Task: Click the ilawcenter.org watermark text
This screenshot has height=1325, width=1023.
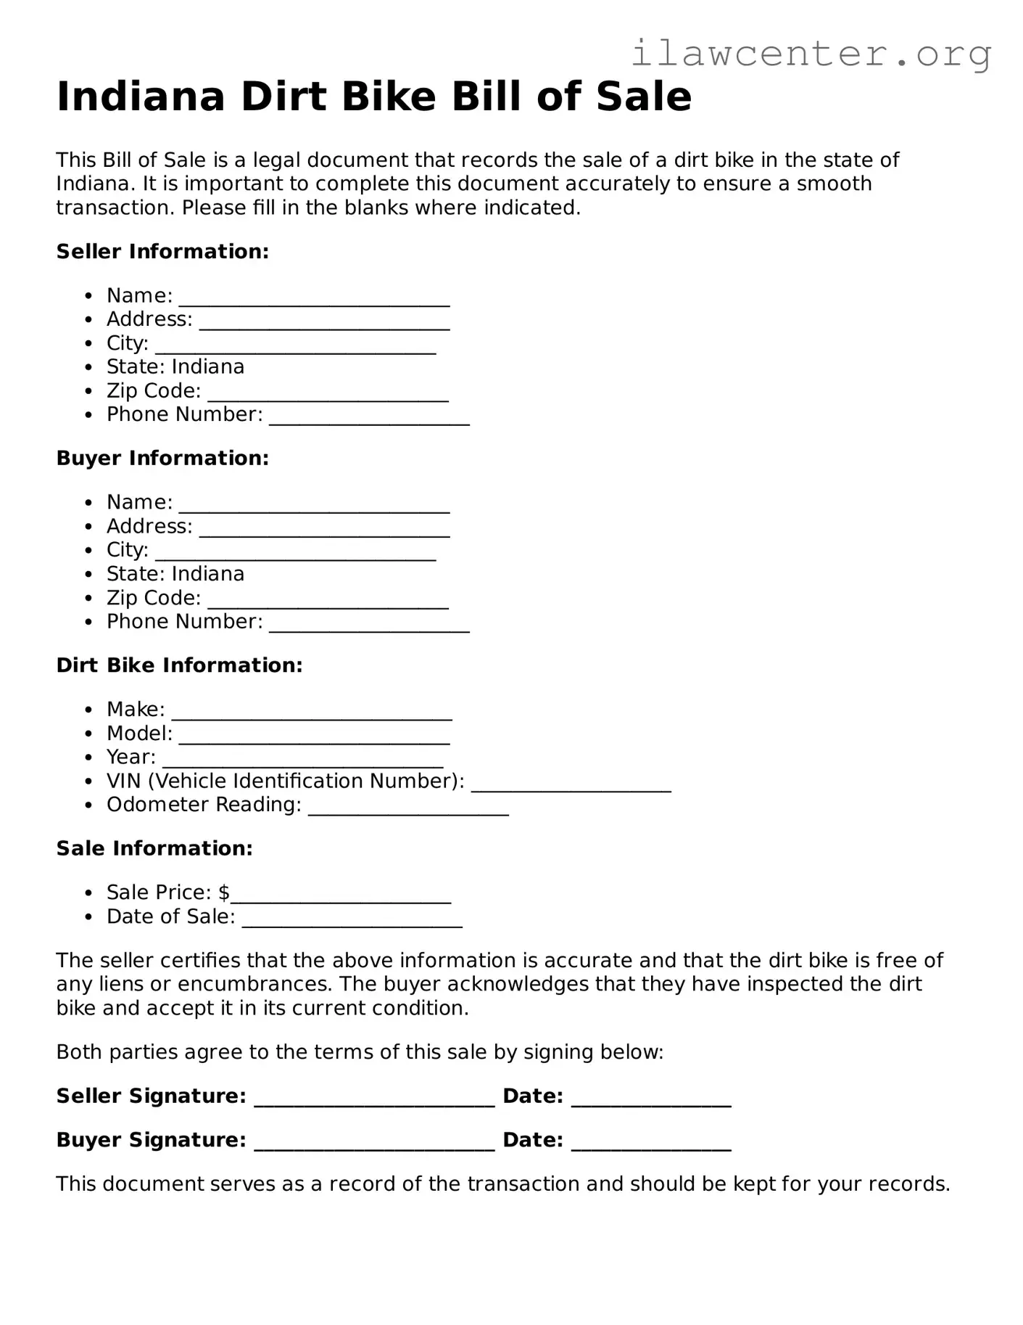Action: point(811,54)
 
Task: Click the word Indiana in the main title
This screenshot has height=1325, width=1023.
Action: point(141,97)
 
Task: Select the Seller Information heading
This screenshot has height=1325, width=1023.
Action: point(162,252)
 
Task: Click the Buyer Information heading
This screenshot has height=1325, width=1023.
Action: point(162,459)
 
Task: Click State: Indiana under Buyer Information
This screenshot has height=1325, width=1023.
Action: point(175,574)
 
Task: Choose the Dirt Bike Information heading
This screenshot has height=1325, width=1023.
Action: point(179,665)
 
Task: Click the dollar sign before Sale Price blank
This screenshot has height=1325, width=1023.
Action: point(224,893)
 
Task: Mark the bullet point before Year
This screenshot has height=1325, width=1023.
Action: point(88,758)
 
